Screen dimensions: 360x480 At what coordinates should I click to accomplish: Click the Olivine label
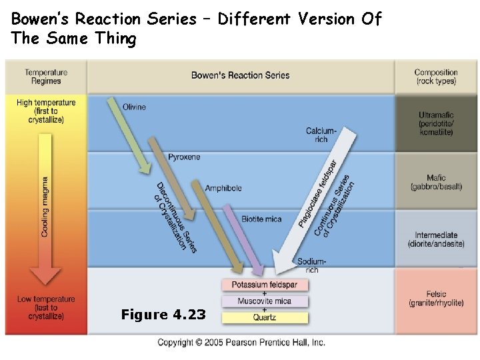point(134,107)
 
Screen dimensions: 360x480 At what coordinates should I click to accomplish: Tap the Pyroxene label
point(184,157)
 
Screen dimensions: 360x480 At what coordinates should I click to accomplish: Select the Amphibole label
point(223,188)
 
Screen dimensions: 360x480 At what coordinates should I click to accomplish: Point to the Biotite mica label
point(261,219)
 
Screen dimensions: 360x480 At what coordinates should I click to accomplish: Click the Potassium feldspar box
point(265,285)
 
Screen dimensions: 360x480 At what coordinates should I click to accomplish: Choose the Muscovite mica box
point(265,301)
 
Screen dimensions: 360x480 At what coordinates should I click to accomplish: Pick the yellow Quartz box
point(265,317)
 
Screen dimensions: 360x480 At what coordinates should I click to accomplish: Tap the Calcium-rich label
point(321,135)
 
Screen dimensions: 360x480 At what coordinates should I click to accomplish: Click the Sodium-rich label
point(312,266)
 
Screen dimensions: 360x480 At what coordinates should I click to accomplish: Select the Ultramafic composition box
point(436,123)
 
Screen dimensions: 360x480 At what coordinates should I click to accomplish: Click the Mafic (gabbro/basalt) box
point(436,182)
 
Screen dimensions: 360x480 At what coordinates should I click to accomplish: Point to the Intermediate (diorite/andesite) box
point(436,239)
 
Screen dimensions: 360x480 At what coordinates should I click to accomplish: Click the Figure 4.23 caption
point(163,315)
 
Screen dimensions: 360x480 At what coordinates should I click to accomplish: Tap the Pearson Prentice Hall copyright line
point(241,342)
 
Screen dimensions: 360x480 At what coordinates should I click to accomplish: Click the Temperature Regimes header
point(46,77)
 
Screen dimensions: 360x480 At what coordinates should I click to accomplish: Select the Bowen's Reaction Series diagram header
point(241,75)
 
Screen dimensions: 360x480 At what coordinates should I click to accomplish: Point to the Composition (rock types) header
point(436,77)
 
